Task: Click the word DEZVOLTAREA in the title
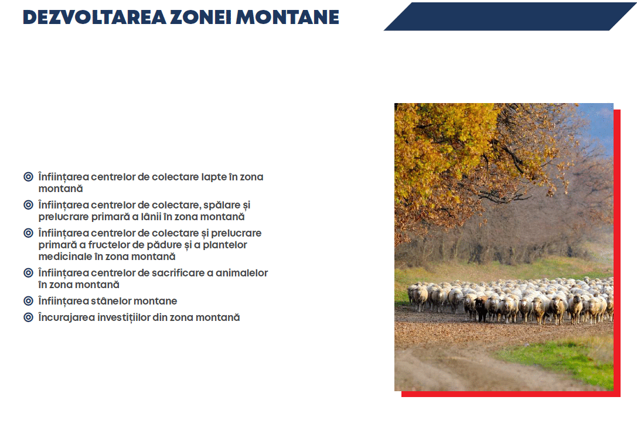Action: pyautogui.click(x=94, y=17)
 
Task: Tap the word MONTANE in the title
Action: pyautogui.click(x=287, y=17)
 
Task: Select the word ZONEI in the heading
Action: pyautogui.click(x=200, y=17)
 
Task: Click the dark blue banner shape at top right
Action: pyautogui.click(x=510, y=16)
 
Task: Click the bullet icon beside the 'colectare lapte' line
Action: pyautogui.click(x=28, y=177)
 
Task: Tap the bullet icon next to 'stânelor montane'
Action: pyautogui.click(x=28, y=301)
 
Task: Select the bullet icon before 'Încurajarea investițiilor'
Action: pyautogui.click(x=28, y=317)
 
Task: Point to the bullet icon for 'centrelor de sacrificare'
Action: pyautogui.click(x=28, y=272)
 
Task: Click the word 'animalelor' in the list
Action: pyautogui.click(x=241, y=273)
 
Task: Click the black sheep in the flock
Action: pyautogui.click(x=481, y=309)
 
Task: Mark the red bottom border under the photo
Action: pyautogui.click(x=510, y=394)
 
